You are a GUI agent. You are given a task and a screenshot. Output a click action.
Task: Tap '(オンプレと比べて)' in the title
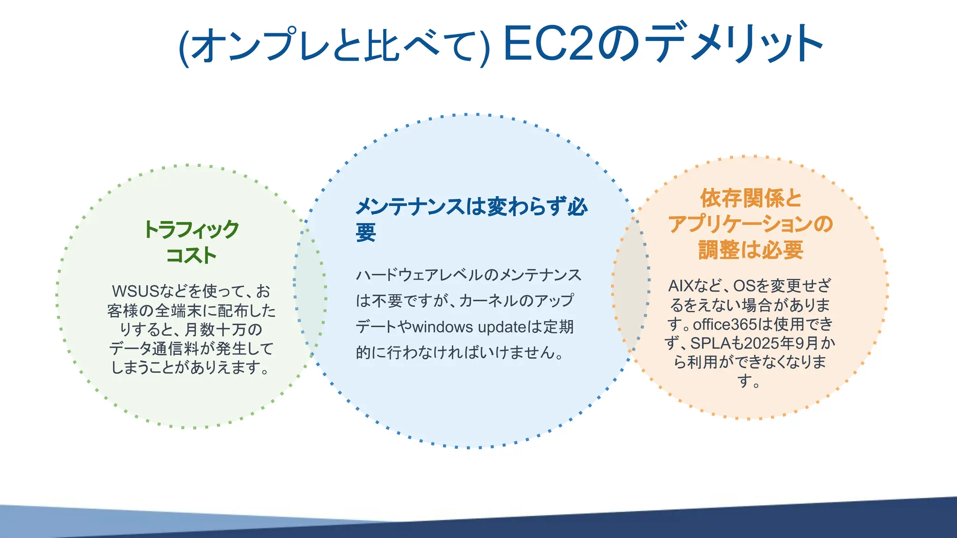point(334,46)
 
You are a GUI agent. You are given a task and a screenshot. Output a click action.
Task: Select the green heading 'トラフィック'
point(191,230)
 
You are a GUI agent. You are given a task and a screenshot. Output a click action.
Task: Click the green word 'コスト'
point(191,255)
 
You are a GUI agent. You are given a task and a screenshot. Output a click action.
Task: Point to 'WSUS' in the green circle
point(136,291)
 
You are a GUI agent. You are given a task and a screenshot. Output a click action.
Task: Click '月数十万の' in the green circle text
point(223,330)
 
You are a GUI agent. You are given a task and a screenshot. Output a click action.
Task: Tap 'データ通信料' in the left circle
point(154,349)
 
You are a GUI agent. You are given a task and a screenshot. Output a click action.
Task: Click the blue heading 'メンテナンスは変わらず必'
point(471,206)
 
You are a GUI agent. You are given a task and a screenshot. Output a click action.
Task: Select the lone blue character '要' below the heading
point(366,232)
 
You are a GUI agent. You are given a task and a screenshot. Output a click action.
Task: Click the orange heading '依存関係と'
point(750,198)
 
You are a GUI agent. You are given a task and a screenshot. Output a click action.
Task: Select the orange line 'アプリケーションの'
point(750,224)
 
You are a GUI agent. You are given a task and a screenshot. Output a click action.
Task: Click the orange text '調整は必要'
point(750,250)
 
